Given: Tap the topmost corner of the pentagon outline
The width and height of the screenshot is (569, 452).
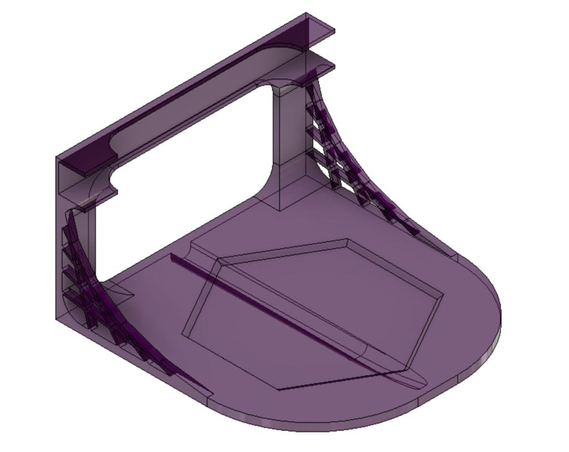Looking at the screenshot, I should (347, 240).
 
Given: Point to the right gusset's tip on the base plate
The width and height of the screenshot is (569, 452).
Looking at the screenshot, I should (453, 255).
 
